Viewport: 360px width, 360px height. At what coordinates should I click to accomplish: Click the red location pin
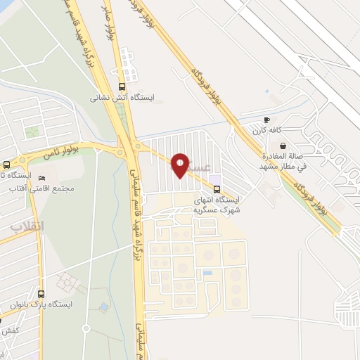pyautogui.click(x=180, y=165)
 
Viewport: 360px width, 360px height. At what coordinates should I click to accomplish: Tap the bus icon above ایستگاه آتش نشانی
pyautogui.click(x=123, y=86)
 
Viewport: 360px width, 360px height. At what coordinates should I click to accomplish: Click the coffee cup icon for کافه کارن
pyautogui.click(x=266, y=120)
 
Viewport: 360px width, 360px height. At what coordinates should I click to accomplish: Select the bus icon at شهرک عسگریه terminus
pyautogui.click(x=217, y=188)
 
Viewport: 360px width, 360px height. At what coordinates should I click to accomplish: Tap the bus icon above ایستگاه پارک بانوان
pyautogui.click(x=41, y=294)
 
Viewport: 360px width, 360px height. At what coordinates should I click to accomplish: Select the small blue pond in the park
pyautogui.click(x=104, y=308)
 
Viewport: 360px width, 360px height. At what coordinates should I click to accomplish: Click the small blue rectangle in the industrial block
pyautogui.click(x=207, y=272)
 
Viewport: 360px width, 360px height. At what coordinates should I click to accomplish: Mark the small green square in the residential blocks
pyautogui.click(x=32, y=131)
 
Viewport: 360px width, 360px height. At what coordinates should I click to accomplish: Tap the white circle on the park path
pyautogui.click(x=86, y=328)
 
